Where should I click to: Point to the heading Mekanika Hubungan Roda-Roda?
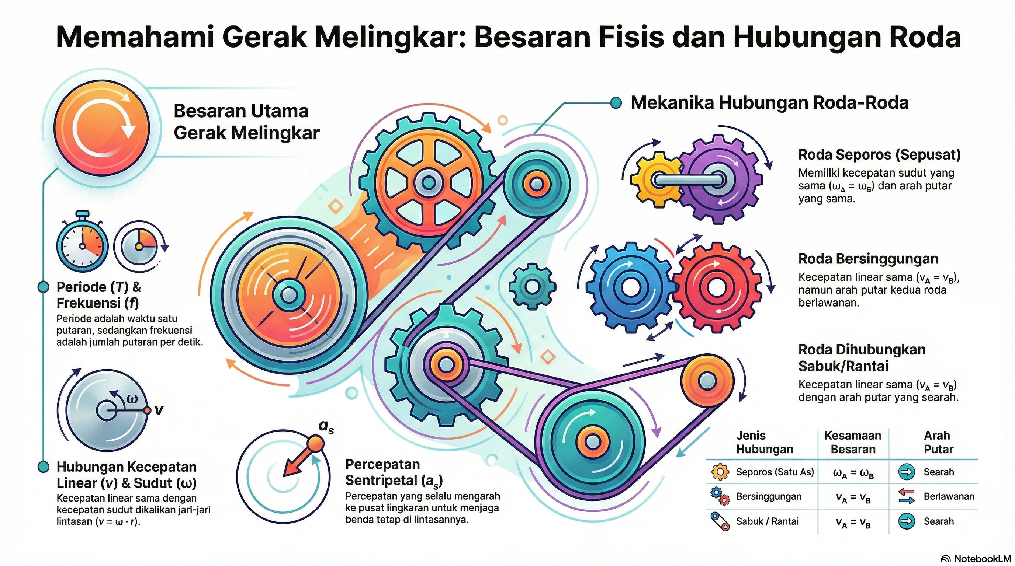[769, 103]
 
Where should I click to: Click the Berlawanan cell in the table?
[948, 496]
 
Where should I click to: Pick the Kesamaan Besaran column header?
[853, 442]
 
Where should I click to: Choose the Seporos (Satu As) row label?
[775, 472]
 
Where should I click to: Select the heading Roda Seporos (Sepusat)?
[879, 155]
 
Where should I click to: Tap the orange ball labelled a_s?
[315, 444]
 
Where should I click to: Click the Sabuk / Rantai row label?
[767, 521]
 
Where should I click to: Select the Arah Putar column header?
[938, 442]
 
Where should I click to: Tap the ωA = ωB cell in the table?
[853, 473]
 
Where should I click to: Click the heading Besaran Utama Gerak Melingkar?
[246, 122]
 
